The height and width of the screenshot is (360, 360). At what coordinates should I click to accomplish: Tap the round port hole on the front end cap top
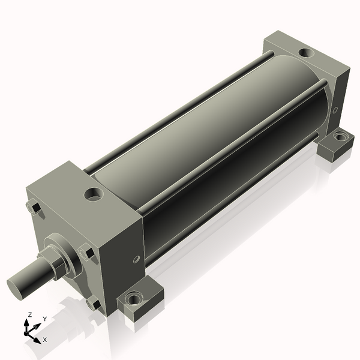[94, 194]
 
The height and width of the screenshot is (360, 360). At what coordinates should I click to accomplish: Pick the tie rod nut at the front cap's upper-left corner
[34, 208]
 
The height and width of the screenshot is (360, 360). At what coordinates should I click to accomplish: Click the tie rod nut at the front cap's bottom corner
[94, 304]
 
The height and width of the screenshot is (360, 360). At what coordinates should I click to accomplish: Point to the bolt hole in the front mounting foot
[134, 298]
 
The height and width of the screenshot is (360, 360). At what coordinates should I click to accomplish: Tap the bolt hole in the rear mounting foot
[340, 137]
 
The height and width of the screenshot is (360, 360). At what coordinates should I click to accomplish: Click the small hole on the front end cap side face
[136, 259]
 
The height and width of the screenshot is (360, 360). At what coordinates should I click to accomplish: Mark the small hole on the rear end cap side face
[335, 110]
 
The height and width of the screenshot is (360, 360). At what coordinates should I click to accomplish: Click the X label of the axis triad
[44, 340]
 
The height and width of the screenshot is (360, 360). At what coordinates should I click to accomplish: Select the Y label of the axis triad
[44, 319]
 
